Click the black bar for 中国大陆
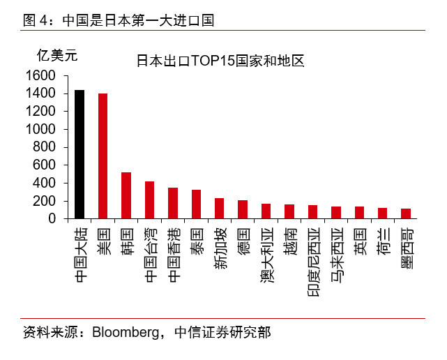79,154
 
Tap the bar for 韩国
126,195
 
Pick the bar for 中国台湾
149,200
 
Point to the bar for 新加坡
219,208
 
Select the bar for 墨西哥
405,213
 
